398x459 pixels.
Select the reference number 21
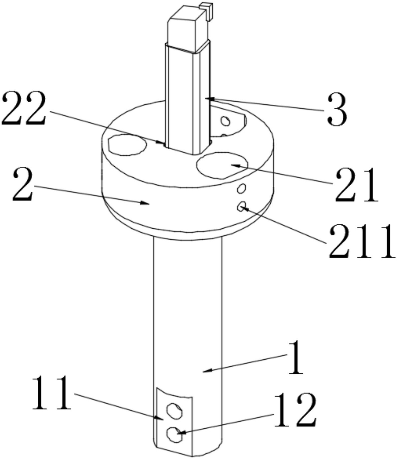(356, 185)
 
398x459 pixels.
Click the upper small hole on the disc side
(241, 188)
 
